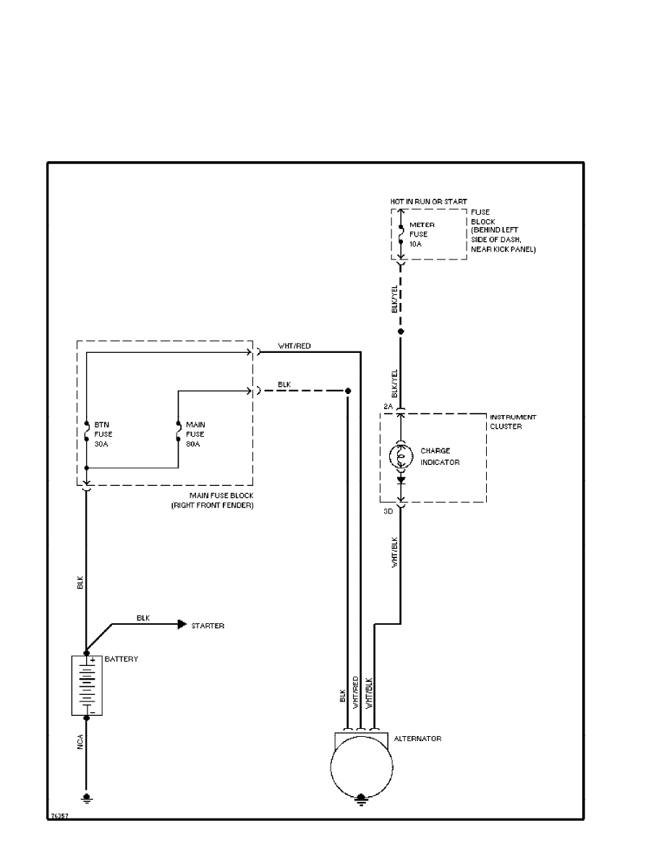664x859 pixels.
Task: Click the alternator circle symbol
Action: pos(361,768)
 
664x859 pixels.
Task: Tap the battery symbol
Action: pos(87,685)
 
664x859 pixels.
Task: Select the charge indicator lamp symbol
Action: pos(400,456)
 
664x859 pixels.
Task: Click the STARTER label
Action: pos(208,625)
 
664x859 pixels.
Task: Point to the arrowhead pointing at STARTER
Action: pos(182,625)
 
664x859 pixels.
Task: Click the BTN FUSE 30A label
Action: pos(102,434)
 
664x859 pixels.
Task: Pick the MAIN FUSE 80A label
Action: pos(195,434)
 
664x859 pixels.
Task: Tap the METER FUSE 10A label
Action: pos(422,234)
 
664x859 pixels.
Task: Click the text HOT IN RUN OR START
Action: pos(429,201)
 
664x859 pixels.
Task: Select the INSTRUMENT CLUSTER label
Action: pos(513,422)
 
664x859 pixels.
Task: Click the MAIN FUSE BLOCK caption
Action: pos(221,500)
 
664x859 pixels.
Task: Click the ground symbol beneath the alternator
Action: pos(361,798)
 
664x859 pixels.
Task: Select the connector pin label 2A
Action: pos(388,407)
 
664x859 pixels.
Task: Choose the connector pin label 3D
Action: pos(388,511)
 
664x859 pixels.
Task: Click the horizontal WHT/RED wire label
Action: pos(294,346)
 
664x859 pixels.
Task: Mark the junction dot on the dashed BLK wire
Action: pos(348,391)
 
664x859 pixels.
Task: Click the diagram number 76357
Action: pos(59,815)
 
